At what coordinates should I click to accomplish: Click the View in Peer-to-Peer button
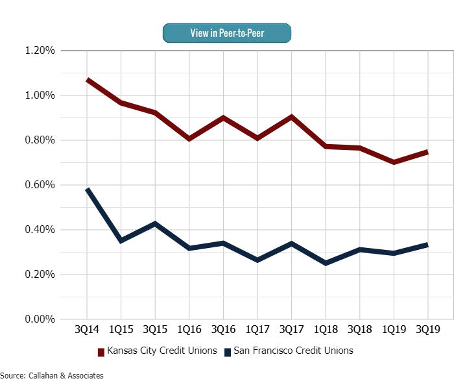coord(226,32)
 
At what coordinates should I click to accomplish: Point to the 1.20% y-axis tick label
coord(39,51)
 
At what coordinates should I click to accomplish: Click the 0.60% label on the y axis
coord(39,185)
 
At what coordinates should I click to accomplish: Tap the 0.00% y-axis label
coord(39,319)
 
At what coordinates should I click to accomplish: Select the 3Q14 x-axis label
coord(87,329)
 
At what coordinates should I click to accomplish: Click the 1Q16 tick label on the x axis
coord(189,329)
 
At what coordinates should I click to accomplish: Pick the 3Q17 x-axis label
coord(291,329)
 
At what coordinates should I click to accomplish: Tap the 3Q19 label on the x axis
coord(427,329)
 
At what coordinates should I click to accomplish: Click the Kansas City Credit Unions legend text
coord(161,351)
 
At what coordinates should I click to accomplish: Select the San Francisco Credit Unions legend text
coord(294,351)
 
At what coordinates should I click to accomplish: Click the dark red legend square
coord(101,352)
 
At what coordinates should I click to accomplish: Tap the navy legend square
coord(228,352)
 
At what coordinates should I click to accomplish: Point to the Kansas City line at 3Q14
coord(87,80)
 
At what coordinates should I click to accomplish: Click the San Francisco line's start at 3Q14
coord(87,190)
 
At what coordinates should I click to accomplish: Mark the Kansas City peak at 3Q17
coord(291,117)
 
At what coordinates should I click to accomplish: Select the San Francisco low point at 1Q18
coord(325,263)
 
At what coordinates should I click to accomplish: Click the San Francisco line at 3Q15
coord(155,223)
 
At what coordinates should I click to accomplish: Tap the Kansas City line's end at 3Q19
coord(427,152)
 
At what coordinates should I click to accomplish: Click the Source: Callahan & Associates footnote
coord(52,375)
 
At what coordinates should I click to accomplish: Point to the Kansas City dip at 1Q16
coord(189,138)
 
